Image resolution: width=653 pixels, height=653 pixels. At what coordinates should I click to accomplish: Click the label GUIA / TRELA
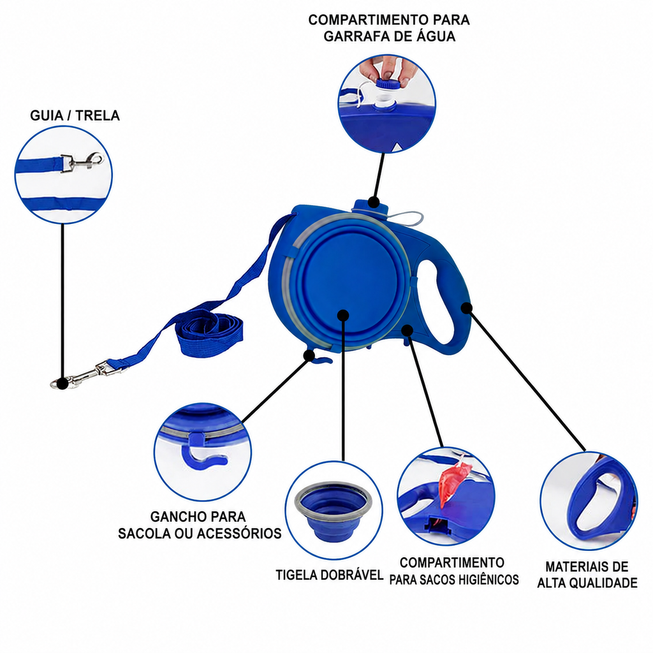click(75, 115)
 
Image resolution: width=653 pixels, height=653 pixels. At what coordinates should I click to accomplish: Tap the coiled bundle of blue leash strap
click(209, 333)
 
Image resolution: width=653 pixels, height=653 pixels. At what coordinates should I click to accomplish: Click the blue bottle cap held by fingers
click(390, 84)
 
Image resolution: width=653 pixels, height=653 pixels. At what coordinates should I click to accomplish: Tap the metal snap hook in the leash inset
click(84, 161)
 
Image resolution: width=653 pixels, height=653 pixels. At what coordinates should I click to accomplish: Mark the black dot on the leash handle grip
click(466, 308)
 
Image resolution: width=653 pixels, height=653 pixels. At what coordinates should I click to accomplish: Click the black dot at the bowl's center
click(342, 315)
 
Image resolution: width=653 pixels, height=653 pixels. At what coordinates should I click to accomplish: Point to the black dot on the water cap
click(374, 203)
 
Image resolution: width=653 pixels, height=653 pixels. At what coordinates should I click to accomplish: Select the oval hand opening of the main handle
click(441, 302)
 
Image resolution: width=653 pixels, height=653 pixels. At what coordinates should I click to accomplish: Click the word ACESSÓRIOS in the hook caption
click(239, 534)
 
